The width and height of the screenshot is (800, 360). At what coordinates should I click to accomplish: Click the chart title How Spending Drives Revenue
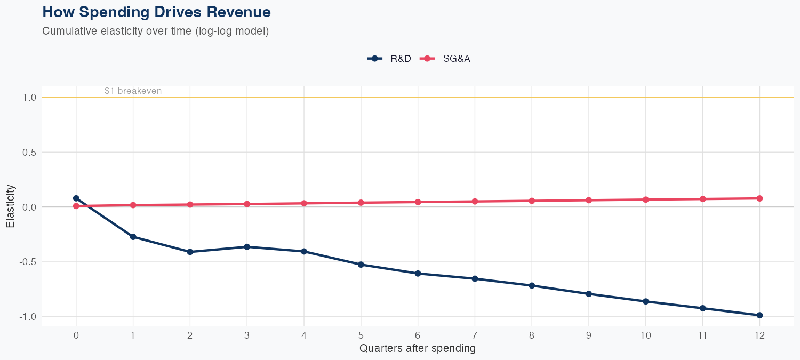point(156,12)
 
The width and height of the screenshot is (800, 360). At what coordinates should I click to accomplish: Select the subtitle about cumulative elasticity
point(155,31)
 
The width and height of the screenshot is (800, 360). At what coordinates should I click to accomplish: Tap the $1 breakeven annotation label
point(133,91)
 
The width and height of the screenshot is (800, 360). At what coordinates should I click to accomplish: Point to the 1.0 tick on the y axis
point(29,98)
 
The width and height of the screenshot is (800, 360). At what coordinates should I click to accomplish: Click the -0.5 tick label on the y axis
point(28,262)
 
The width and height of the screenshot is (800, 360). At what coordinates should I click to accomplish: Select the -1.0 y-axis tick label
point(28,317)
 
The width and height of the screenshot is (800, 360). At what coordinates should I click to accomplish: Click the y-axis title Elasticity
point(10,206)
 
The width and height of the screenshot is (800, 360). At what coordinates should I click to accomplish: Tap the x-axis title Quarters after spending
point(417,349)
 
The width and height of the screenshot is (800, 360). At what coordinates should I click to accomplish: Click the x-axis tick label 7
point(475,335)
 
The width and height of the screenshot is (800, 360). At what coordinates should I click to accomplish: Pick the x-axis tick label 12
point(759,335)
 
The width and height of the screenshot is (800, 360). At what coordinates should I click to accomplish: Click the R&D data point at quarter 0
point(76,198)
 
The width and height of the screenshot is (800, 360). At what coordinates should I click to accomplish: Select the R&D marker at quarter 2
point(190,252)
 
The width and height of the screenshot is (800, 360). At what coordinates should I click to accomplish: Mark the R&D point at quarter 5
point(361,265)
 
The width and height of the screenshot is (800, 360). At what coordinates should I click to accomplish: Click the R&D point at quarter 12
point(759,315)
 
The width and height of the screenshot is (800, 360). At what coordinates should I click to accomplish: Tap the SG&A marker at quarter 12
point(759,198)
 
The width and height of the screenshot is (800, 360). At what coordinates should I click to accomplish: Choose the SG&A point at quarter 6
point(418,202)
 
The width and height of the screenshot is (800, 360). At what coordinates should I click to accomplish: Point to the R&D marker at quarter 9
point(589,294)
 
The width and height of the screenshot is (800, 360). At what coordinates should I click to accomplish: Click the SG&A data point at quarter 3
point(247,204)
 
